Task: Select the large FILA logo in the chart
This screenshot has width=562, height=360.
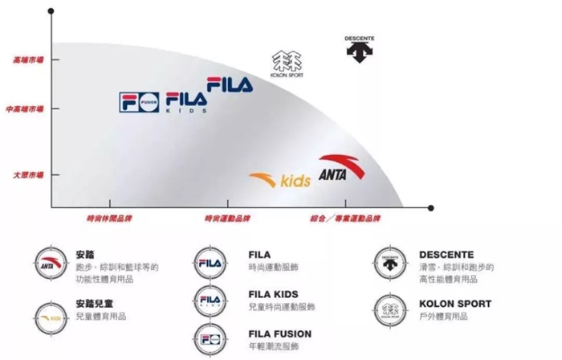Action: (x=230, y=83)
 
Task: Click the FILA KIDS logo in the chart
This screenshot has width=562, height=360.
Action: (x=186, y=102)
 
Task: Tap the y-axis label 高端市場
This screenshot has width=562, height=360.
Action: (x=28, y=59)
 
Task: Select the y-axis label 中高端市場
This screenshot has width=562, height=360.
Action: (x=26, y=108)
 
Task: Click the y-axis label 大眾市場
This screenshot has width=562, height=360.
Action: (x=28, y=174)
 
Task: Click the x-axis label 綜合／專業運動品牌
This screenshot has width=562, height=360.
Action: (x=345, y=219)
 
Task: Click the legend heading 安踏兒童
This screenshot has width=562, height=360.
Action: (x=90, y=304)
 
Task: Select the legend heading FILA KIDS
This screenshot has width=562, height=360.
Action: (x=273, y=294)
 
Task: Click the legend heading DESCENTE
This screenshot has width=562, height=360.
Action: (x=446, y=255)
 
